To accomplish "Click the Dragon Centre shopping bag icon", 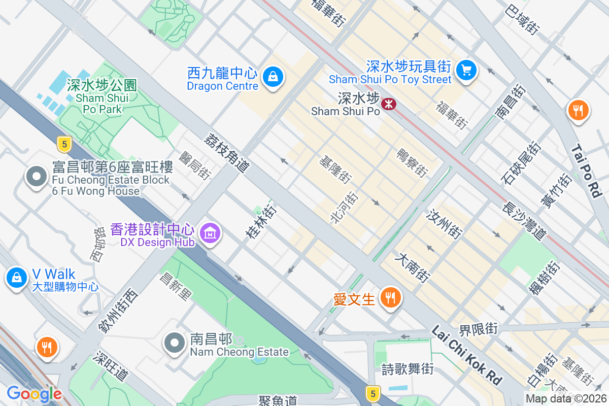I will (x=273, y=77).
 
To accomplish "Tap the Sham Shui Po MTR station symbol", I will (x=389, y=104).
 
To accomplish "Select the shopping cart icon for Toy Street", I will (x=466, y=70).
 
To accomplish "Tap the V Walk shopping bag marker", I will (x=17, y=277).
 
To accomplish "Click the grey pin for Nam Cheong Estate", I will (x=175, y=343).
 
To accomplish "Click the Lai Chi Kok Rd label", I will (x=466, y=355).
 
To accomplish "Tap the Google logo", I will (x=34, y=393).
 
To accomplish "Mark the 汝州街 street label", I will (x=445, y=224).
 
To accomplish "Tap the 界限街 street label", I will (x=479, y=329).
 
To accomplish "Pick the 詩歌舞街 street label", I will (x=408, y=369).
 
